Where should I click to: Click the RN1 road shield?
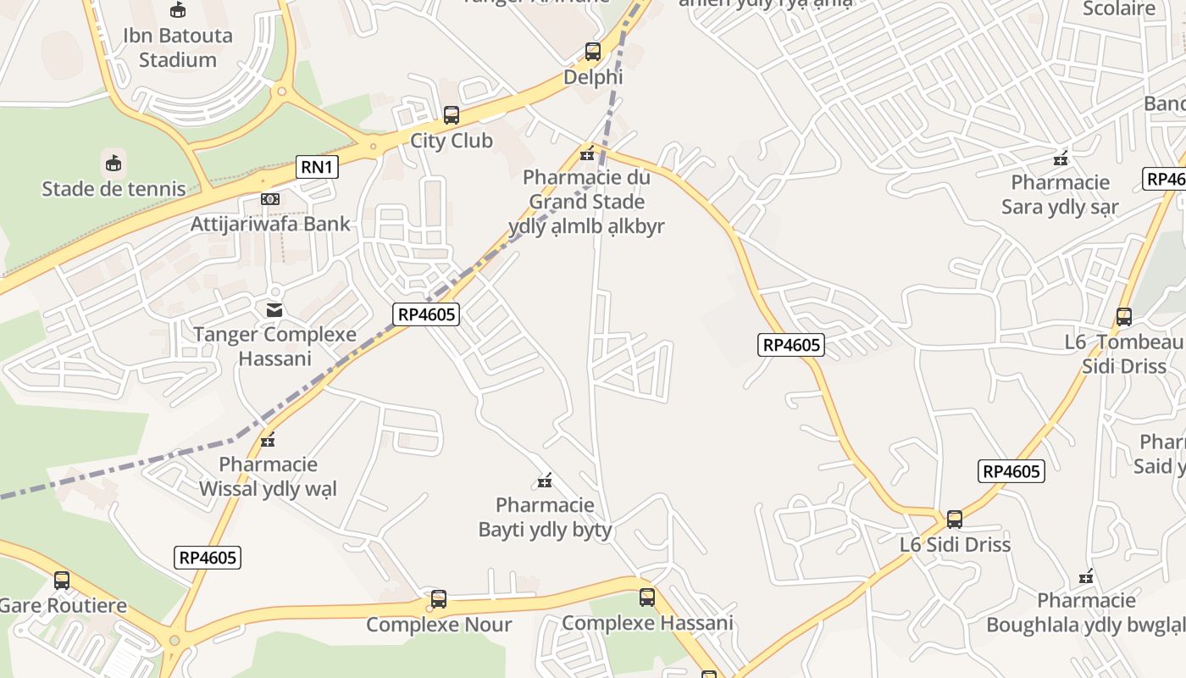click(317, 167)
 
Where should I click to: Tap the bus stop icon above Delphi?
click(593, 52)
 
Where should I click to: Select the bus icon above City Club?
click(451, 115)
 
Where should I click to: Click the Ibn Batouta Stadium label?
click(178, 47)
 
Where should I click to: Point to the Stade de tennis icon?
click(114, 163)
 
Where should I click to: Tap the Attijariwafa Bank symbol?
click(270, 199)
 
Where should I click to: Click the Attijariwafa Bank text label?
click(270, 225)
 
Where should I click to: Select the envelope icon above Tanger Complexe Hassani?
click(274, 309)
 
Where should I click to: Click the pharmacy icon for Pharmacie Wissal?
click(269, 440)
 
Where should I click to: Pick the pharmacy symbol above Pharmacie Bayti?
click(545, 481)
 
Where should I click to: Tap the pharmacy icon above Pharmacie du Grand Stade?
click(586, 153)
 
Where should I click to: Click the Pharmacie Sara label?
click(1060, 195)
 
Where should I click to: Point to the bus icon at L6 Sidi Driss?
click(955, 520)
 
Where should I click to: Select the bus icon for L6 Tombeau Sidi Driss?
click(1124, 317)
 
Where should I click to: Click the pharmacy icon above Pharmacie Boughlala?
click(1087, 577)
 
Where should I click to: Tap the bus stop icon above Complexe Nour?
click(439, 599)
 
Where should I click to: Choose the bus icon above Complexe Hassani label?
click(647, 597)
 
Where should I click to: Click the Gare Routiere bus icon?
click(62, 581)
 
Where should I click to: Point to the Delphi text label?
click(593, 77)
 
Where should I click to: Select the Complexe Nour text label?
click(439, 625)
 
